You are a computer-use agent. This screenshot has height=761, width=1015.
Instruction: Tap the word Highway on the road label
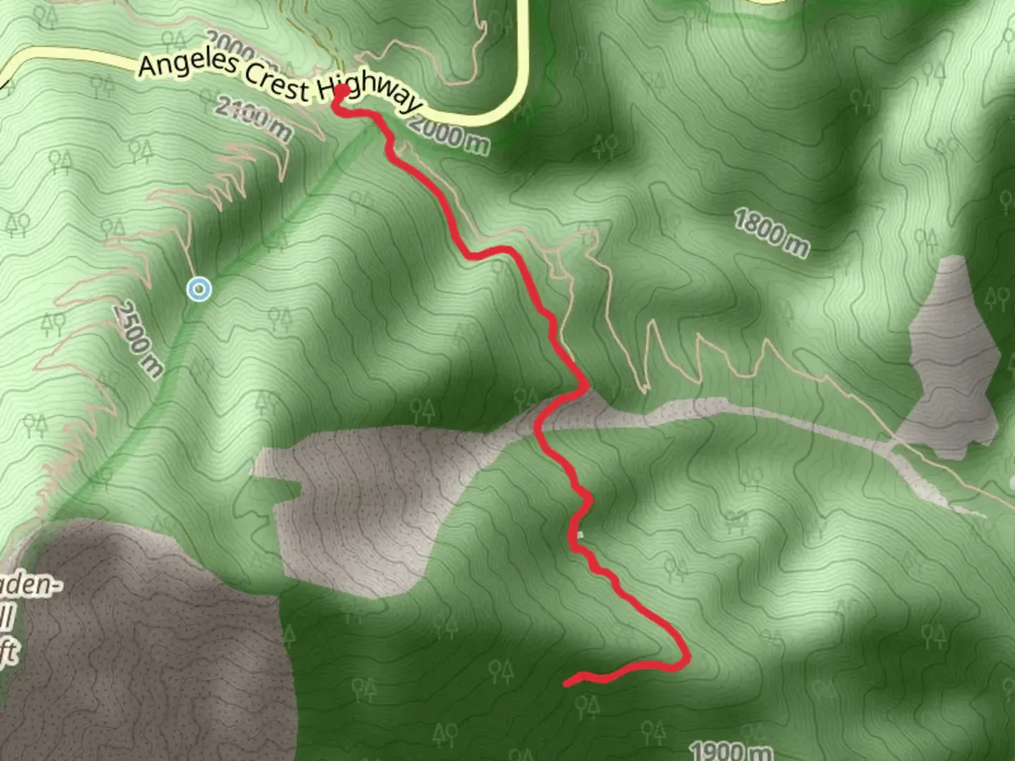tap(367, 94)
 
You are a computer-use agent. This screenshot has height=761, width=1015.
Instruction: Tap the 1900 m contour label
tap(730, 750)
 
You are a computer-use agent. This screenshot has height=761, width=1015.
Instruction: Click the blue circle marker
tap(199, 289)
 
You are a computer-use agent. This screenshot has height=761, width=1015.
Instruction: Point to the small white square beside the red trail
tap(580, 535)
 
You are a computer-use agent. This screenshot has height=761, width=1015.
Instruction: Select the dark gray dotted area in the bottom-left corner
tap(141, 648)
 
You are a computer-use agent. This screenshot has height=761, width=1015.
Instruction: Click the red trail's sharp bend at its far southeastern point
tap(686, 659)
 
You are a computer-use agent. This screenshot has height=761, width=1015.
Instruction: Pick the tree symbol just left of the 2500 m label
tap(54, 323)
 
